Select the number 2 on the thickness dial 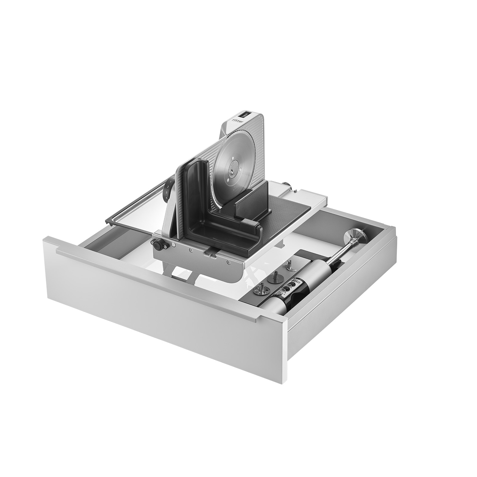click(x=168, y=187)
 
